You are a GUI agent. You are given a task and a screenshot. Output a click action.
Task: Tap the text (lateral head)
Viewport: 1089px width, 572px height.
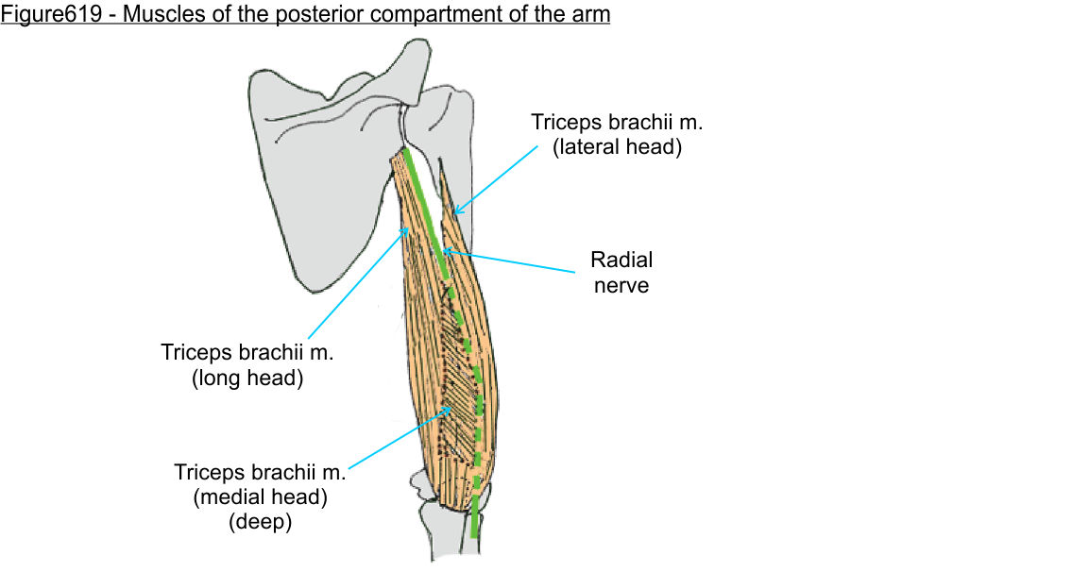click(x=604, y=147)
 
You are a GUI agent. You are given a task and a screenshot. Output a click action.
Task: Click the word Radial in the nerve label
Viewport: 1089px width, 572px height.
click(x=621, y=260)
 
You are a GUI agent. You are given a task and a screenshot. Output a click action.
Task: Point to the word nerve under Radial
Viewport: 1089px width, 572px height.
click(x=621, y=284)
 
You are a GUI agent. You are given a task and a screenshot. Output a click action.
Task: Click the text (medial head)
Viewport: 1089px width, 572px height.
click(x=260, y=496)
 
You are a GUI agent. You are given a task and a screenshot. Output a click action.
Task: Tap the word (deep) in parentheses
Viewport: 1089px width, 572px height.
click(x=260, y=521)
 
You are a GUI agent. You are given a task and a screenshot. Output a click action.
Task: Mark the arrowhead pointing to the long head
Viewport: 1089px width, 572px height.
click(x=407, y=228)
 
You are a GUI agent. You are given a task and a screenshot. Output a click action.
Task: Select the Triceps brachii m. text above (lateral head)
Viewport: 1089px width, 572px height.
click(x=604, y=123)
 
